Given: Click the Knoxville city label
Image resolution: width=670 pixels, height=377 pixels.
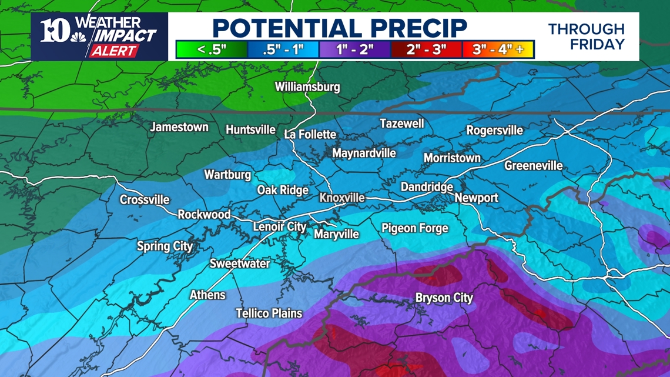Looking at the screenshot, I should pos(341,198).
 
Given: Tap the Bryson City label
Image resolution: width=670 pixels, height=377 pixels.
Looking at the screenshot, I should pos(444,298).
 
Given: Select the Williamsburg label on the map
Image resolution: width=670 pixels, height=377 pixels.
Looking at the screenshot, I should pos(307,86).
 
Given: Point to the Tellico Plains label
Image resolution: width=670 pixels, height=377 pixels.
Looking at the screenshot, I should pos(269,313).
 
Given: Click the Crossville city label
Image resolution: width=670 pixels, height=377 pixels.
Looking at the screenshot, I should pos(145,199).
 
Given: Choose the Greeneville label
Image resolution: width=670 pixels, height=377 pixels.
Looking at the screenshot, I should pos(533,166).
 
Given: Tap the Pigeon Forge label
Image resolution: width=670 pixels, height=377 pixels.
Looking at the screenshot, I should pos(414,228).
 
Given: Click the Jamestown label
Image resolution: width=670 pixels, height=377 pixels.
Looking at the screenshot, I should pos(179,127).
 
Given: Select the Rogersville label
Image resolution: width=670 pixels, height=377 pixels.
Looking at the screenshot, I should pos(494,130).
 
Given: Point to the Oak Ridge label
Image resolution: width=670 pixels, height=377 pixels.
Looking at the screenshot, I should pos(283,190).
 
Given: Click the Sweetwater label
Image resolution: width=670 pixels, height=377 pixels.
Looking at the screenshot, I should pos(240,263).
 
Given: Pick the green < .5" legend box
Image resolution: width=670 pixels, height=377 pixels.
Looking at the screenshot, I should pos(212,49).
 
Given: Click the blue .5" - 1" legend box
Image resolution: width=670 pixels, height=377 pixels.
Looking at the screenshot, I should pos(283,49).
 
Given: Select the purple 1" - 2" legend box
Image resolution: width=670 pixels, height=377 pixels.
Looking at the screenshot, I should pos(355,49).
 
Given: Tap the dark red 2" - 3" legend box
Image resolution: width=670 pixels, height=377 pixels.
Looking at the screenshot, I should pos(427,49).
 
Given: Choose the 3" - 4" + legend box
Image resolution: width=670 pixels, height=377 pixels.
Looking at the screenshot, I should pos(498,49).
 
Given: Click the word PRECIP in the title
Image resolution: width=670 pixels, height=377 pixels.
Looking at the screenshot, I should pos(405,27).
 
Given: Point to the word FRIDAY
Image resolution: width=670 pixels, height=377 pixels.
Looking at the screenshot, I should pos(597,44).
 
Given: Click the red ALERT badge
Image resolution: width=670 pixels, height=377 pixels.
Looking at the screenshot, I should pos(113,51).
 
